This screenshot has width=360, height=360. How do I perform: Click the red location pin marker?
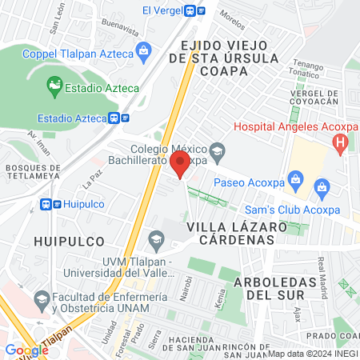(180, 166)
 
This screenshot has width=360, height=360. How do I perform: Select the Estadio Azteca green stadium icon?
(54, 83)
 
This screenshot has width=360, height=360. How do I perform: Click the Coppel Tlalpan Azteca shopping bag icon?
(144, 54)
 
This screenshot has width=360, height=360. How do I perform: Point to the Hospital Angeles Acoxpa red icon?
(342, 144)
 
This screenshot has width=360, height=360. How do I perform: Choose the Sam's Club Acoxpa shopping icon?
(323, 189)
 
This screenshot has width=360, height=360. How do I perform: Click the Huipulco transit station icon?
(47, 204)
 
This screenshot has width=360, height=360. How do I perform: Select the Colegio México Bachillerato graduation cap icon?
(216, 150)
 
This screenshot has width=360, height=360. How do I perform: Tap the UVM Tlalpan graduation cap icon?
(156, 239)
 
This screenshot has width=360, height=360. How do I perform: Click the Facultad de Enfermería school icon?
(42, 300)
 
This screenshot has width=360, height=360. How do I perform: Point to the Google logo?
(26, 350)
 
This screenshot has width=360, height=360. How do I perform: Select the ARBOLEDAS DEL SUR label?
(271, 288)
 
